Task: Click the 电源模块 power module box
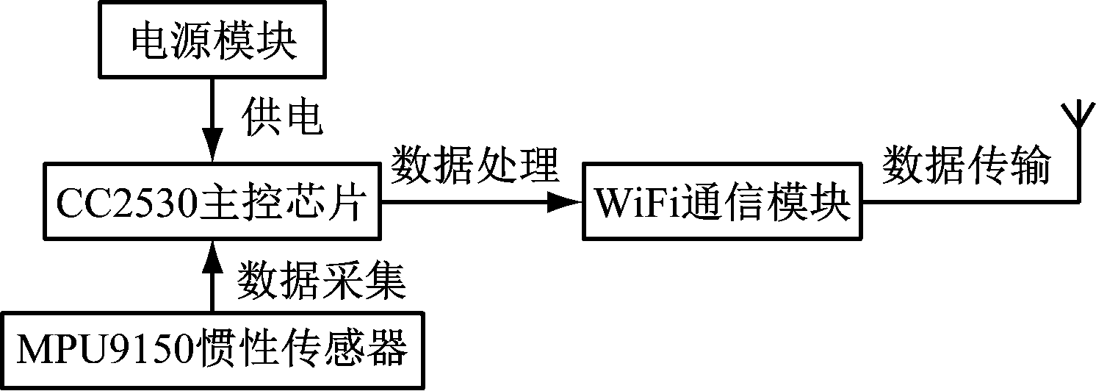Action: pyautogui.click(x=213, y=43)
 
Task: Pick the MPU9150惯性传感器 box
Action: pyautogui.click(x=213, y=351)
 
